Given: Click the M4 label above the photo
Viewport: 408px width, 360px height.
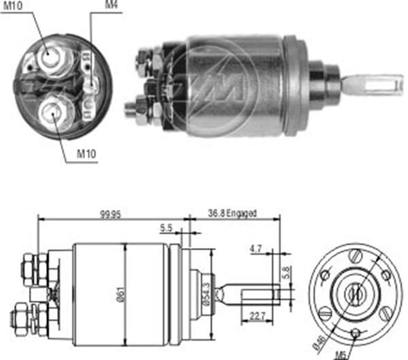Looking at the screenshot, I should [110, 5].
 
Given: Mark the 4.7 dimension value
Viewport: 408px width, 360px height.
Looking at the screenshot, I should [256, 249].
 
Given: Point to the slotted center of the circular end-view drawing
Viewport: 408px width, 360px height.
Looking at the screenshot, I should [354, 293].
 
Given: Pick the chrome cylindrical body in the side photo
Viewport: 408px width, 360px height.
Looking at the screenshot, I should [235, 85].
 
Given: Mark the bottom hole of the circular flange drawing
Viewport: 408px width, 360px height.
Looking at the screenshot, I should [356, 332].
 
